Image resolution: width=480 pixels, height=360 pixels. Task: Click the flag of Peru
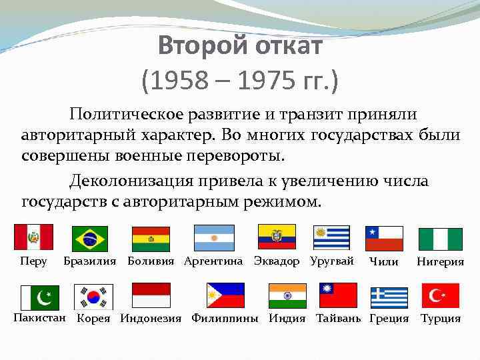click(x=33, y=237)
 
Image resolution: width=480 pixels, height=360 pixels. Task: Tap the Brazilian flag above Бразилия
click(x=90, y=239)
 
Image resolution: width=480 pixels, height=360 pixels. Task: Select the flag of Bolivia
click(x=151, y=239)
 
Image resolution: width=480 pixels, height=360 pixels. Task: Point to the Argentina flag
click(x=214, y=238)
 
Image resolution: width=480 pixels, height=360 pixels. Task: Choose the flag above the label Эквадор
click(x=277, y=237)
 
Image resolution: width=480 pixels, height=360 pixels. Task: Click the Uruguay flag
click(x=331, y=238)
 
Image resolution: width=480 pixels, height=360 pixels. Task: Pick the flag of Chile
click(x=384, y=238)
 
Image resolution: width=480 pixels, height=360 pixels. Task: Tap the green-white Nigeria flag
click(x=440, y=239)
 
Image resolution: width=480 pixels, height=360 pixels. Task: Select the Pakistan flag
click(x=39, y=297)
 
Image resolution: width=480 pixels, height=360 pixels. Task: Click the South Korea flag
click(x=93, y=297)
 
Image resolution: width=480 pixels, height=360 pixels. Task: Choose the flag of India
click(x=287, y=295)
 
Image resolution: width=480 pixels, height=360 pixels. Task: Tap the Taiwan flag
click(x=338, y=295)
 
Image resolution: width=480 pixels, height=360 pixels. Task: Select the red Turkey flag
click(x=440, y=295)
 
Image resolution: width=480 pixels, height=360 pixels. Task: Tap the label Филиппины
click(x=225, y=319)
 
